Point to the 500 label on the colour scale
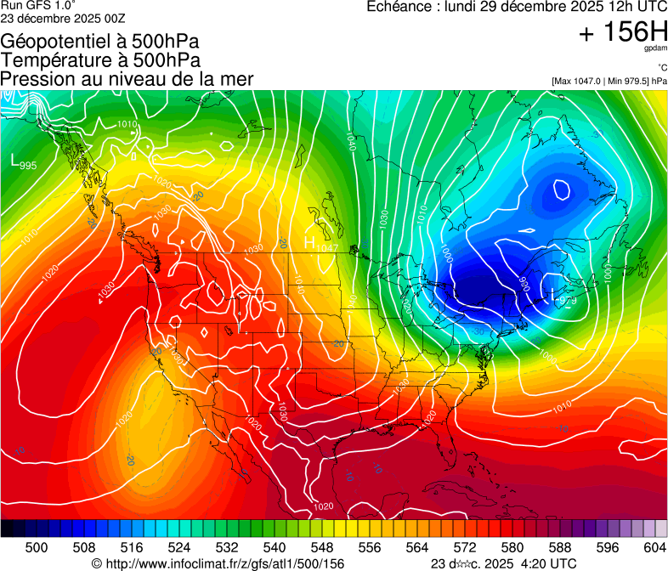coord(37,548)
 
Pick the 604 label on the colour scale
coord(654,548)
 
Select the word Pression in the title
coord(35,79)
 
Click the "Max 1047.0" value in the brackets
coord(578,81)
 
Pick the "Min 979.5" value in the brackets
coord(626,81)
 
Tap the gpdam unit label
coord(654,50)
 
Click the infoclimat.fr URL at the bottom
coord(225,563)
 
